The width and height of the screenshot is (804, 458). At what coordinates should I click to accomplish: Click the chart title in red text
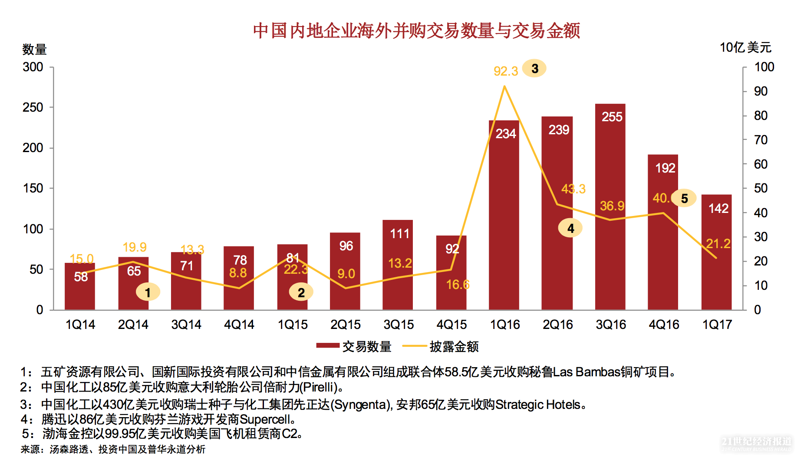416,31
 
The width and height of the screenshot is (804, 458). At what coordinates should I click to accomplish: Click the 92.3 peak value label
506,71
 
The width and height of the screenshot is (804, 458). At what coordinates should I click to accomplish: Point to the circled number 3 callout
534,69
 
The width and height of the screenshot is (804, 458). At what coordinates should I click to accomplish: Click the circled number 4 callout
570,228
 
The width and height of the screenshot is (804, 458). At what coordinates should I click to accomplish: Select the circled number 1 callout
148,292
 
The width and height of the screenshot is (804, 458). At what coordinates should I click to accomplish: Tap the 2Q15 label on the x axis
346,325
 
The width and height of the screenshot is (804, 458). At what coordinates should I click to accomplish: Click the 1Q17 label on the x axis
717,325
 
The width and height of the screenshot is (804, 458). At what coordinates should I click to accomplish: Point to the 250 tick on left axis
33,107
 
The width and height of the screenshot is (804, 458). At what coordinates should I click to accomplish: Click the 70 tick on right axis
761,140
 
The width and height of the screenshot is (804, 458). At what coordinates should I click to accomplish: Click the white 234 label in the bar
506,133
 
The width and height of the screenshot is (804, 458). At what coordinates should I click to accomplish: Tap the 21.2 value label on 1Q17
718,243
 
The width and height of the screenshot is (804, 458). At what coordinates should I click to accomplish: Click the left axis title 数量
34,49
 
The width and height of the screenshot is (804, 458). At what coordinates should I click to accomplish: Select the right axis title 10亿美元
745,47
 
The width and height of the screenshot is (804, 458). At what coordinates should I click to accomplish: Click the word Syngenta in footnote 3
361,405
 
